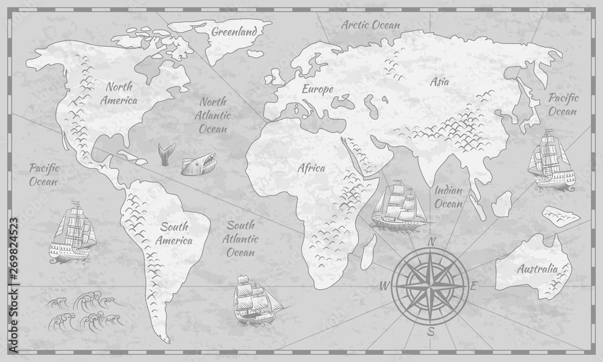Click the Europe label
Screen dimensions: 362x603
(318, 89)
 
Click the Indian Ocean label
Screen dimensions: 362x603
(449, 197)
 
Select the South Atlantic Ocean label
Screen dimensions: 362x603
(241, 239)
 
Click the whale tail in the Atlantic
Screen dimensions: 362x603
(163, 153)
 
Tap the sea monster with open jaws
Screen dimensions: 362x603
(196, 163)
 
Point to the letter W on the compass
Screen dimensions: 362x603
(382, 285)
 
